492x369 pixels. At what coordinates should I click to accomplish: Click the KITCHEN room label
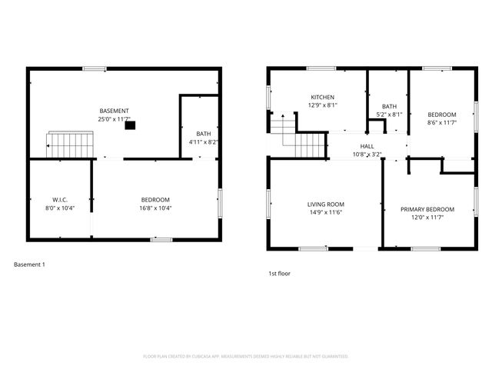click(323, 97)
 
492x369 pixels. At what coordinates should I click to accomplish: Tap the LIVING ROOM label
click(325, 204)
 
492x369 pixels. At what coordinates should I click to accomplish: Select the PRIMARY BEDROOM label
click(427, 209)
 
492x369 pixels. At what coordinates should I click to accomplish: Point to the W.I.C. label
click(61, 200)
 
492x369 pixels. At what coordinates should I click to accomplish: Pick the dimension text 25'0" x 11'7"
click(114, 119)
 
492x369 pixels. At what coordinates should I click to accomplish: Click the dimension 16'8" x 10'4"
click(155, 208)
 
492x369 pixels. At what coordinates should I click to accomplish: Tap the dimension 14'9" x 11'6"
click(325, 212)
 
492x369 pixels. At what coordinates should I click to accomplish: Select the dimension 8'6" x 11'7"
click(442, 123)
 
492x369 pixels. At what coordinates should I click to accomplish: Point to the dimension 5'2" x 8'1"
click(389, 115)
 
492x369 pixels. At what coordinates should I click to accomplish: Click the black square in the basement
click(130, 125)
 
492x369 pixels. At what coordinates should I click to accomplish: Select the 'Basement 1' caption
click(30, 264)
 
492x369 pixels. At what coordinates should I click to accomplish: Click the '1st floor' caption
click(279, 273)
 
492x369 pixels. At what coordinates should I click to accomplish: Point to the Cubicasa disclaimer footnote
click(246, 356)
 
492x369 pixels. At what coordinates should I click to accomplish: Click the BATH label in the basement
click(203, 134)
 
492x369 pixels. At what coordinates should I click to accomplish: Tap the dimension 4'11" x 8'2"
click(203, 142)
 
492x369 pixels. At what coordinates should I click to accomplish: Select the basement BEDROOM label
click(155, 200)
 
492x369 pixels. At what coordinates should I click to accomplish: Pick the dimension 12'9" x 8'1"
click(323, 105)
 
